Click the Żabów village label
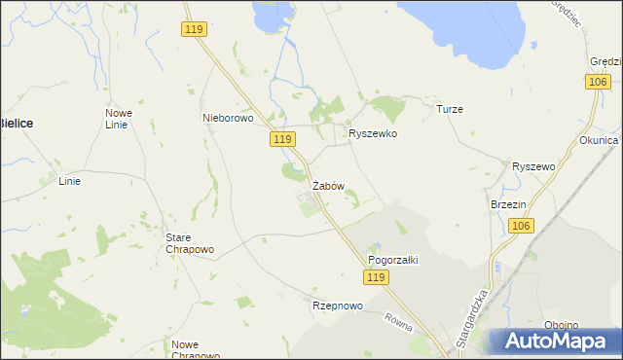coord(328,186)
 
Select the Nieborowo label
coord(228,119)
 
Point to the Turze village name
coord(450,110)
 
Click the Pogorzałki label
coord(392,261)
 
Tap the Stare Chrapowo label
coord(191,243)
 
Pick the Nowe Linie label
coord(119,119)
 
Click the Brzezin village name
coord(508,205)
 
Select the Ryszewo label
coord(533,167)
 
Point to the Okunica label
coord(599,140)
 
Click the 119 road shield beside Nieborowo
coord(282,141)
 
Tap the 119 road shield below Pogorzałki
coord(379,278)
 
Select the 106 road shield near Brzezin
coord(521,227)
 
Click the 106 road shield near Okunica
coord(599,84)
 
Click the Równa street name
coord(400,322)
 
